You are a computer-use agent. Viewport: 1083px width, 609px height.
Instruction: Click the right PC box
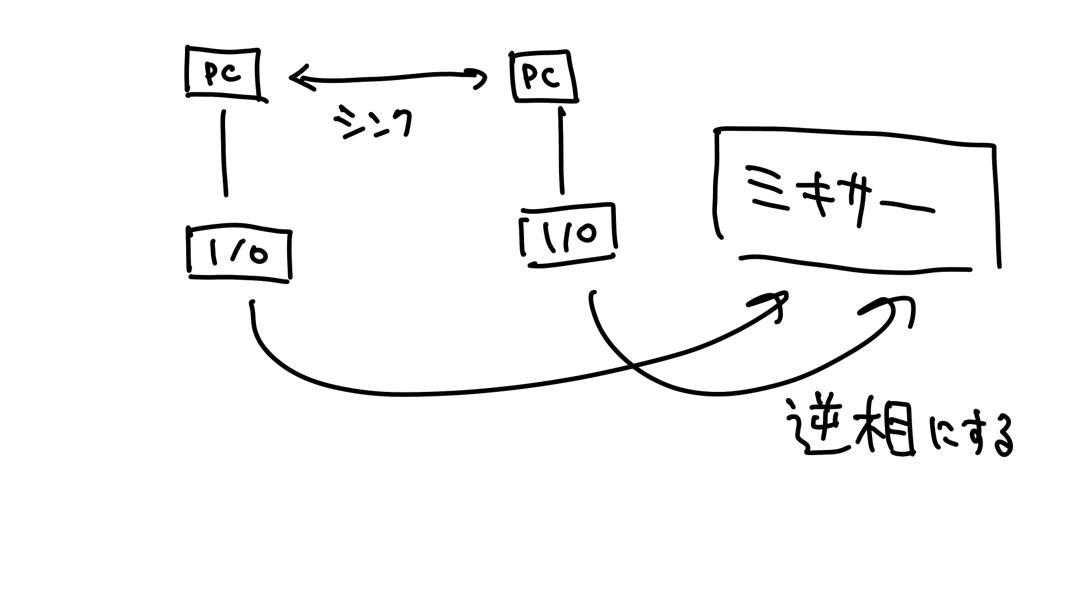pyautogui.click(x=543, y=77)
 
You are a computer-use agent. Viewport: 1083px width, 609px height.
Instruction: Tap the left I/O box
pyautogui.click(x=239, y=254)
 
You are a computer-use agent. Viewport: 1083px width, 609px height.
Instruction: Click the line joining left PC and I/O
pyautogui.click(x=225, y=152)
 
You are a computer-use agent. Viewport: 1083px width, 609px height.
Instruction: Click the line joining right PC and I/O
pyautogui.click(x=561, y=149)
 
